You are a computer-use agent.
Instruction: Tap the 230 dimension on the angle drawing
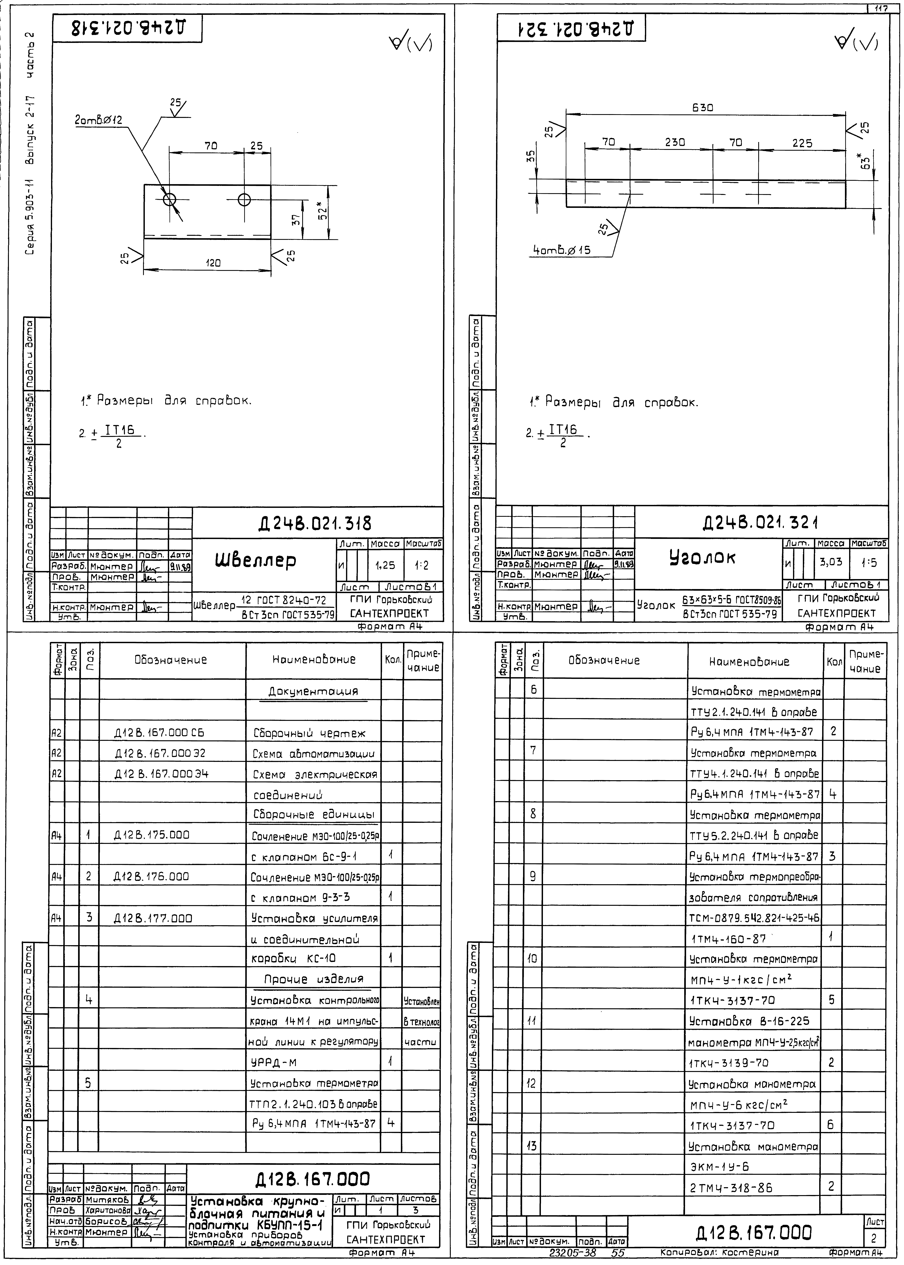[x=675, y=143]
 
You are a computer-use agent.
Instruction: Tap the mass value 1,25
[x=385, y=565]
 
